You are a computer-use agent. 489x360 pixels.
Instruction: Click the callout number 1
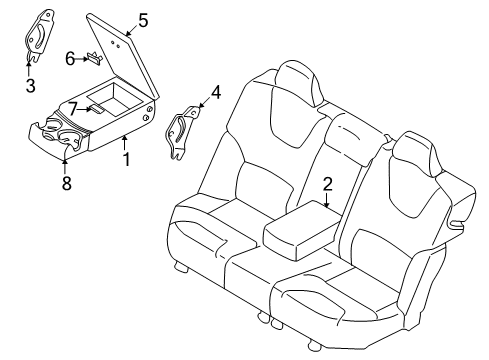(x=125, y=160)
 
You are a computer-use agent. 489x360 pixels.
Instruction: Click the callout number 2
(x=327, y=184)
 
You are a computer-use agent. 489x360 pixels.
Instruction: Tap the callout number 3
(x=29, y=86)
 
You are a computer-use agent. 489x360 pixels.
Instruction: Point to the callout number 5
(x=143, y=19)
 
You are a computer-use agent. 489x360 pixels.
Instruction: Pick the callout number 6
(x=70, y=58)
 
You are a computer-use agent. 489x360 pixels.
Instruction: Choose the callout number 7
(x=72, y=108)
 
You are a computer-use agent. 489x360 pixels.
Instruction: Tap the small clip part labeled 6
(x=93, y=58)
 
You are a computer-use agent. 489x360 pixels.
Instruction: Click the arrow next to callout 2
(x=327, y=199)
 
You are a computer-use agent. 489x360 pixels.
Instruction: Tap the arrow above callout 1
(x=123, y=146)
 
